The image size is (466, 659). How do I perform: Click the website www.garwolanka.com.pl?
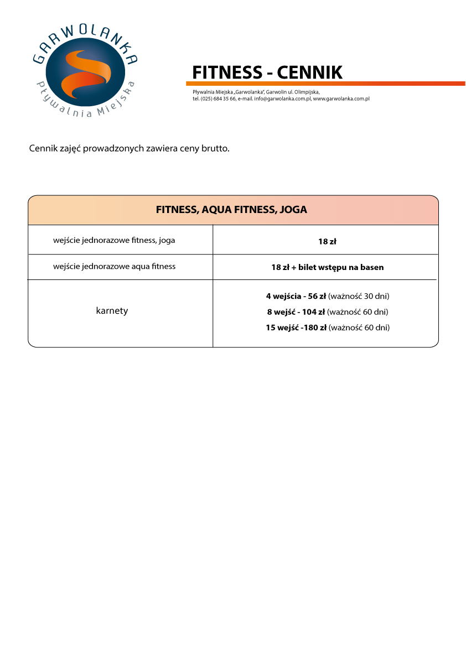341,98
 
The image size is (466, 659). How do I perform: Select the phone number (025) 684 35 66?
218,98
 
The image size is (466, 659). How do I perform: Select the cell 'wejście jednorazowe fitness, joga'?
114,241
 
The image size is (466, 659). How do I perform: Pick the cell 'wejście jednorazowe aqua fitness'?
114,267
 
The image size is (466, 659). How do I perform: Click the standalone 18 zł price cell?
327,241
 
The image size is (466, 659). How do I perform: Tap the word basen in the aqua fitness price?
372,267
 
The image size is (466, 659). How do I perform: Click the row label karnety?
112,310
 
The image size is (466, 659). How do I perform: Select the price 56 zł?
317,296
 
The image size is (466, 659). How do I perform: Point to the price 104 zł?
313,312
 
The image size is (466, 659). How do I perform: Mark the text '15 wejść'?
282,328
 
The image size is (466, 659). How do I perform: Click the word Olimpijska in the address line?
307,92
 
